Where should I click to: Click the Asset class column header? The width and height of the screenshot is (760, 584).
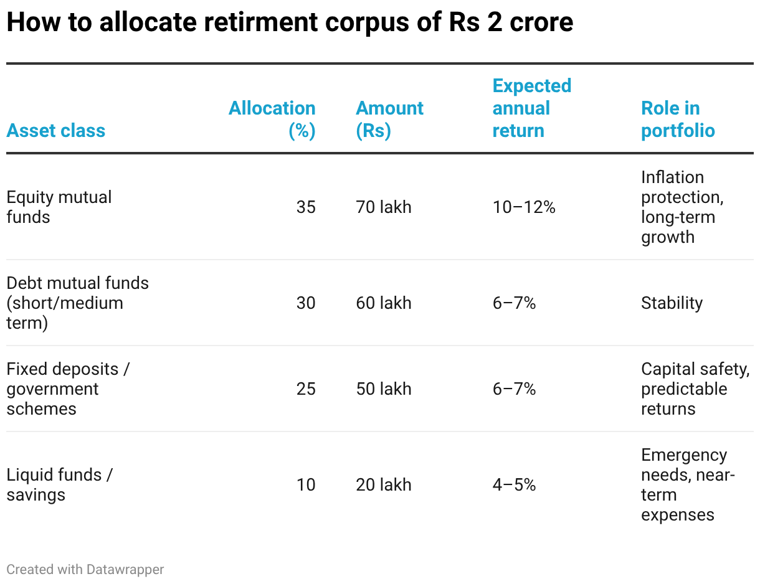coord(56,131)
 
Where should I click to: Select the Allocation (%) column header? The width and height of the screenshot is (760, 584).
coord(272,120)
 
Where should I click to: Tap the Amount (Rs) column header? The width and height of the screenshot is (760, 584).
coord(389,120)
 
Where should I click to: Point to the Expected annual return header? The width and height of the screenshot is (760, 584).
coord(531,108)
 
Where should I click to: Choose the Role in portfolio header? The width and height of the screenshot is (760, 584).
coord(678,120)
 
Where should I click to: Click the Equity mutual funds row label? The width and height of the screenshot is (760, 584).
coord(59,207)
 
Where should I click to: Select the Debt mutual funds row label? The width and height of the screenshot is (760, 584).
coord(77,303)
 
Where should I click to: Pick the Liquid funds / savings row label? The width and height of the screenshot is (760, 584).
coord(59,485)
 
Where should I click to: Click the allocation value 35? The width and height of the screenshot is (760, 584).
coord(306,207)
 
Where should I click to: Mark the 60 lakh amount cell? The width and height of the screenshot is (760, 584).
coord(384,303)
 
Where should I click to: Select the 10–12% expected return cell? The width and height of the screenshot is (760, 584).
coord(524,207)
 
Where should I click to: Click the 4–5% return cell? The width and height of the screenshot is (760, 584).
coord(514,485)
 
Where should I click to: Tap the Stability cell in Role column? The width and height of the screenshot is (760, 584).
coord(672,303)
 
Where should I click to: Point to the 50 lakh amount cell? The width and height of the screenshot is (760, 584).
coord(384,389)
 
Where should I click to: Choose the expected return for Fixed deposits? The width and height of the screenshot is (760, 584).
coord(514,389)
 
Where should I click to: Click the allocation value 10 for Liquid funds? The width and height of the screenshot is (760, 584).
coord(306,485)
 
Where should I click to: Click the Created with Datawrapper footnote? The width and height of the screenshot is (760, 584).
coord(85,569)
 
